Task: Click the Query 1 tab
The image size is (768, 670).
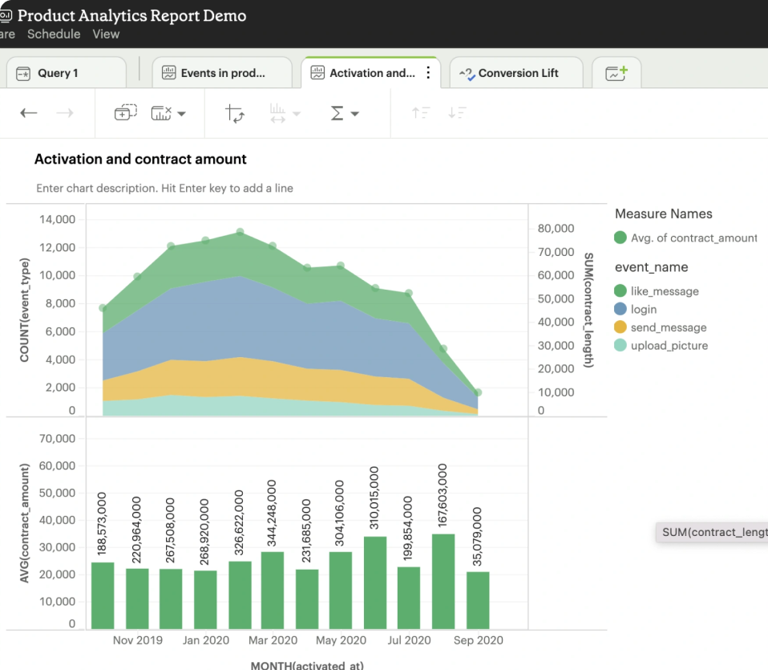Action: pyautogui.click(x=58, y=73)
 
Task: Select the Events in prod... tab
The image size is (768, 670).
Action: pyautogui.click(x=222, y=73)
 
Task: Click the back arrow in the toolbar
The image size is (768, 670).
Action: pyautogui.click(x=29, y=113)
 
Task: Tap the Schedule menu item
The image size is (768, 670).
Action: pyautogui.click(x=54, y=34)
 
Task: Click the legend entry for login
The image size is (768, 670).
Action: pyautogui.click(x=643, y=309)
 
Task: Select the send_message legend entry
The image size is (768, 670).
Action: pyautogui.click(x=668, y=327)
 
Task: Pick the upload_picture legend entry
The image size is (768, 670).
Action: pyautogui.click(x=669, y=346)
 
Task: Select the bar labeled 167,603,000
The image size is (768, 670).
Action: pyautogui.click(x=443, y=581)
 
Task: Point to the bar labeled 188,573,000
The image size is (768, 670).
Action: pyautogui.click(x=103, y=595)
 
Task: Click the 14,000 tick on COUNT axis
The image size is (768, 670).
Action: pyautogui.click(x=58, y=219)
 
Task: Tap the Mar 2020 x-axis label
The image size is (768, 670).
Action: pyautogui.click(x=273, y=640)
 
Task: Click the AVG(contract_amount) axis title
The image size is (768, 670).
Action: pyautogui.click(x=25, y=522)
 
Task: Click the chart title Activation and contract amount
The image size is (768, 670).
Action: pyautogui.click(x=140, y=159)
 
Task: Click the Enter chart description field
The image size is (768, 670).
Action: pyautogui.click(x=164, y=188)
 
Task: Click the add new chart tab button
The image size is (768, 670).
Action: pyautogui.click(x=616, y=73)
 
